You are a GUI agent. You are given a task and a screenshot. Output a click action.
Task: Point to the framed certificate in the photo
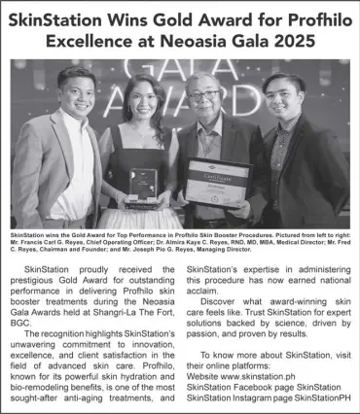tap(217, 182)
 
